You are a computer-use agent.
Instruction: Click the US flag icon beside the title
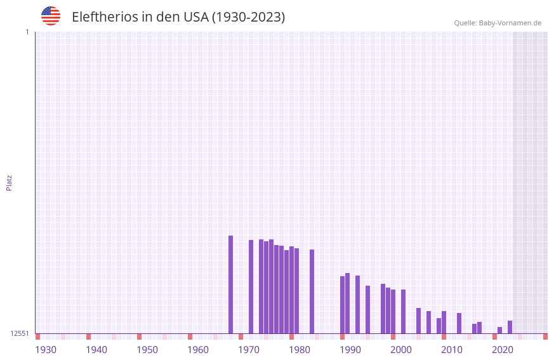click(x=51, y=16)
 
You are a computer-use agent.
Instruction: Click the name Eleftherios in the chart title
click(x=105, y=17)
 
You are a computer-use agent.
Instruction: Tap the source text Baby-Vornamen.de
click(x=510, y=23)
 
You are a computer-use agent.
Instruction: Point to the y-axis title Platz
click(x=9, y=182)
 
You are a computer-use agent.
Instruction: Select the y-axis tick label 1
click(x=27, y=32)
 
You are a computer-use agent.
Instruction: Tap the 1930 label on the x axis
click(x=46, y=350)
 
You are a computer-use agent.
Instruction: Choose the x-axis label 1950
click(x=147, y=350)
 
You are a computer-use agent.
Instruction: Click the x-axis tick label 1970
click(x=249, y=350)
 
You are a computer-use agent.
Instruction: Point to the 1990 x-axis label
click(x=350, y=350)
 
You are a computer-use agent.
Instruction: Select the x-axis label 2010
click(x=452, y=350)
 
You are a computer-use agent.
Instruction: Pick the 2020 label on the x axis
click(x=503, y=350)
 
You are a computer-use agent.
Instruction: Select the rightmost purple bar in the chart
click(x=510, y=327)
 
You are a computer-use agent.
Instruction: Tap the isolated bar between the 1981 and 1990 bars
click(x=312, y=291)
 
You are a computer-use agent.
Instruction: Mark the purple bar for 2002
click(x=403, y=311)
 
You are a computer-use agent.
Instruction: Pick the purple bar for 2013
click(x=459, y=323)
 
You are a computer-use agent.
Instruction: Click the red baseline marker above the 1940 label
click(x=88, y=337)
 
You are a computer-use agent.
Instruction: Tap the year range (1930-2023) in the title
click(x=248, y=17)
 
